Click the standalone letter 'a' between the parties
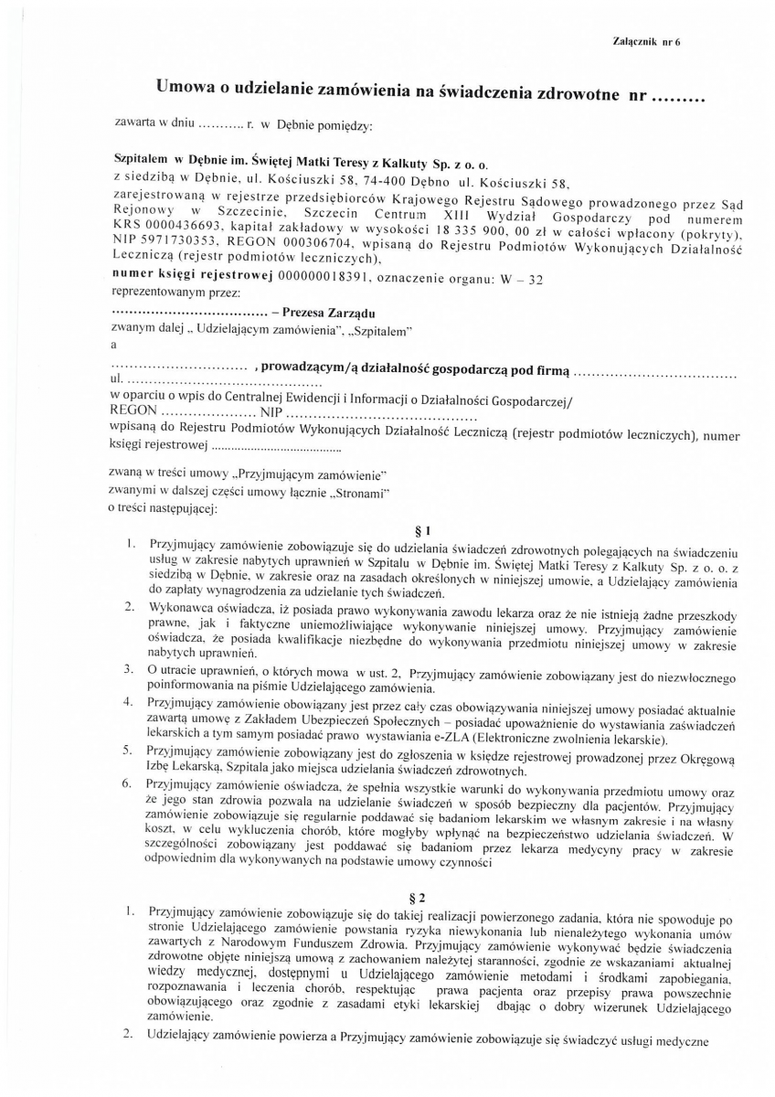(x=113, y=345)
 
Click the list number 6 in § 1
(x=131, y=784)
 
